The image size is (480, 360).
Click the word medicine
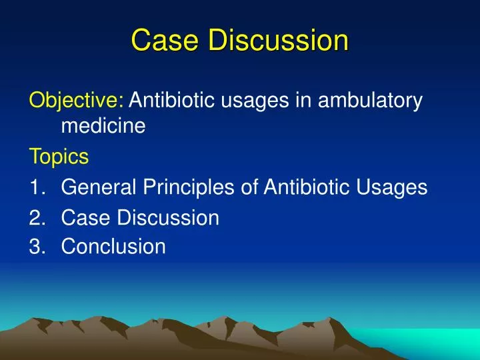pos(103,125)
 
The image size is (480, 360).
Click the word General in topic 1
pos(100,187)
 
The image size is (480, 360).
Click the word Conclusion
pos(113,247)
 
